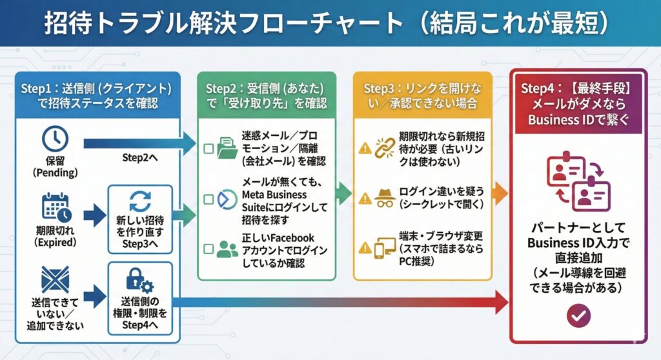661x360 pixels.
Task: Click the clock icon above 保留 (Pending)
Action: pos(55,139)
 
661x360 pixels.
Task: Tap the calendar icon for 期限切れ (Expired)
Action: pos(56,206)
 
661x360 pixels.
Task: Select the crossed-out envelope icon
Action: pos(55,280)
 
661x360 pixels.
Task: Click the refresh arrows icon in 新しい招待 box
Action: pos(140,201)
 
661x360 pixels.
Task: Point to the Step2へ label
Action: pos(140,157)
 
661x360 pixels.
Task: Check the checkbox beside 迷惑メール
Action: pos(208,149)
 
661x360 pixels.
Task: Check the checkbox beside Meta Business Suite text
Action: pos(208,199)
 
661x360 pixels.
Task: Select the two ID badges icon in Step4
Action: pos(578,181)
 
